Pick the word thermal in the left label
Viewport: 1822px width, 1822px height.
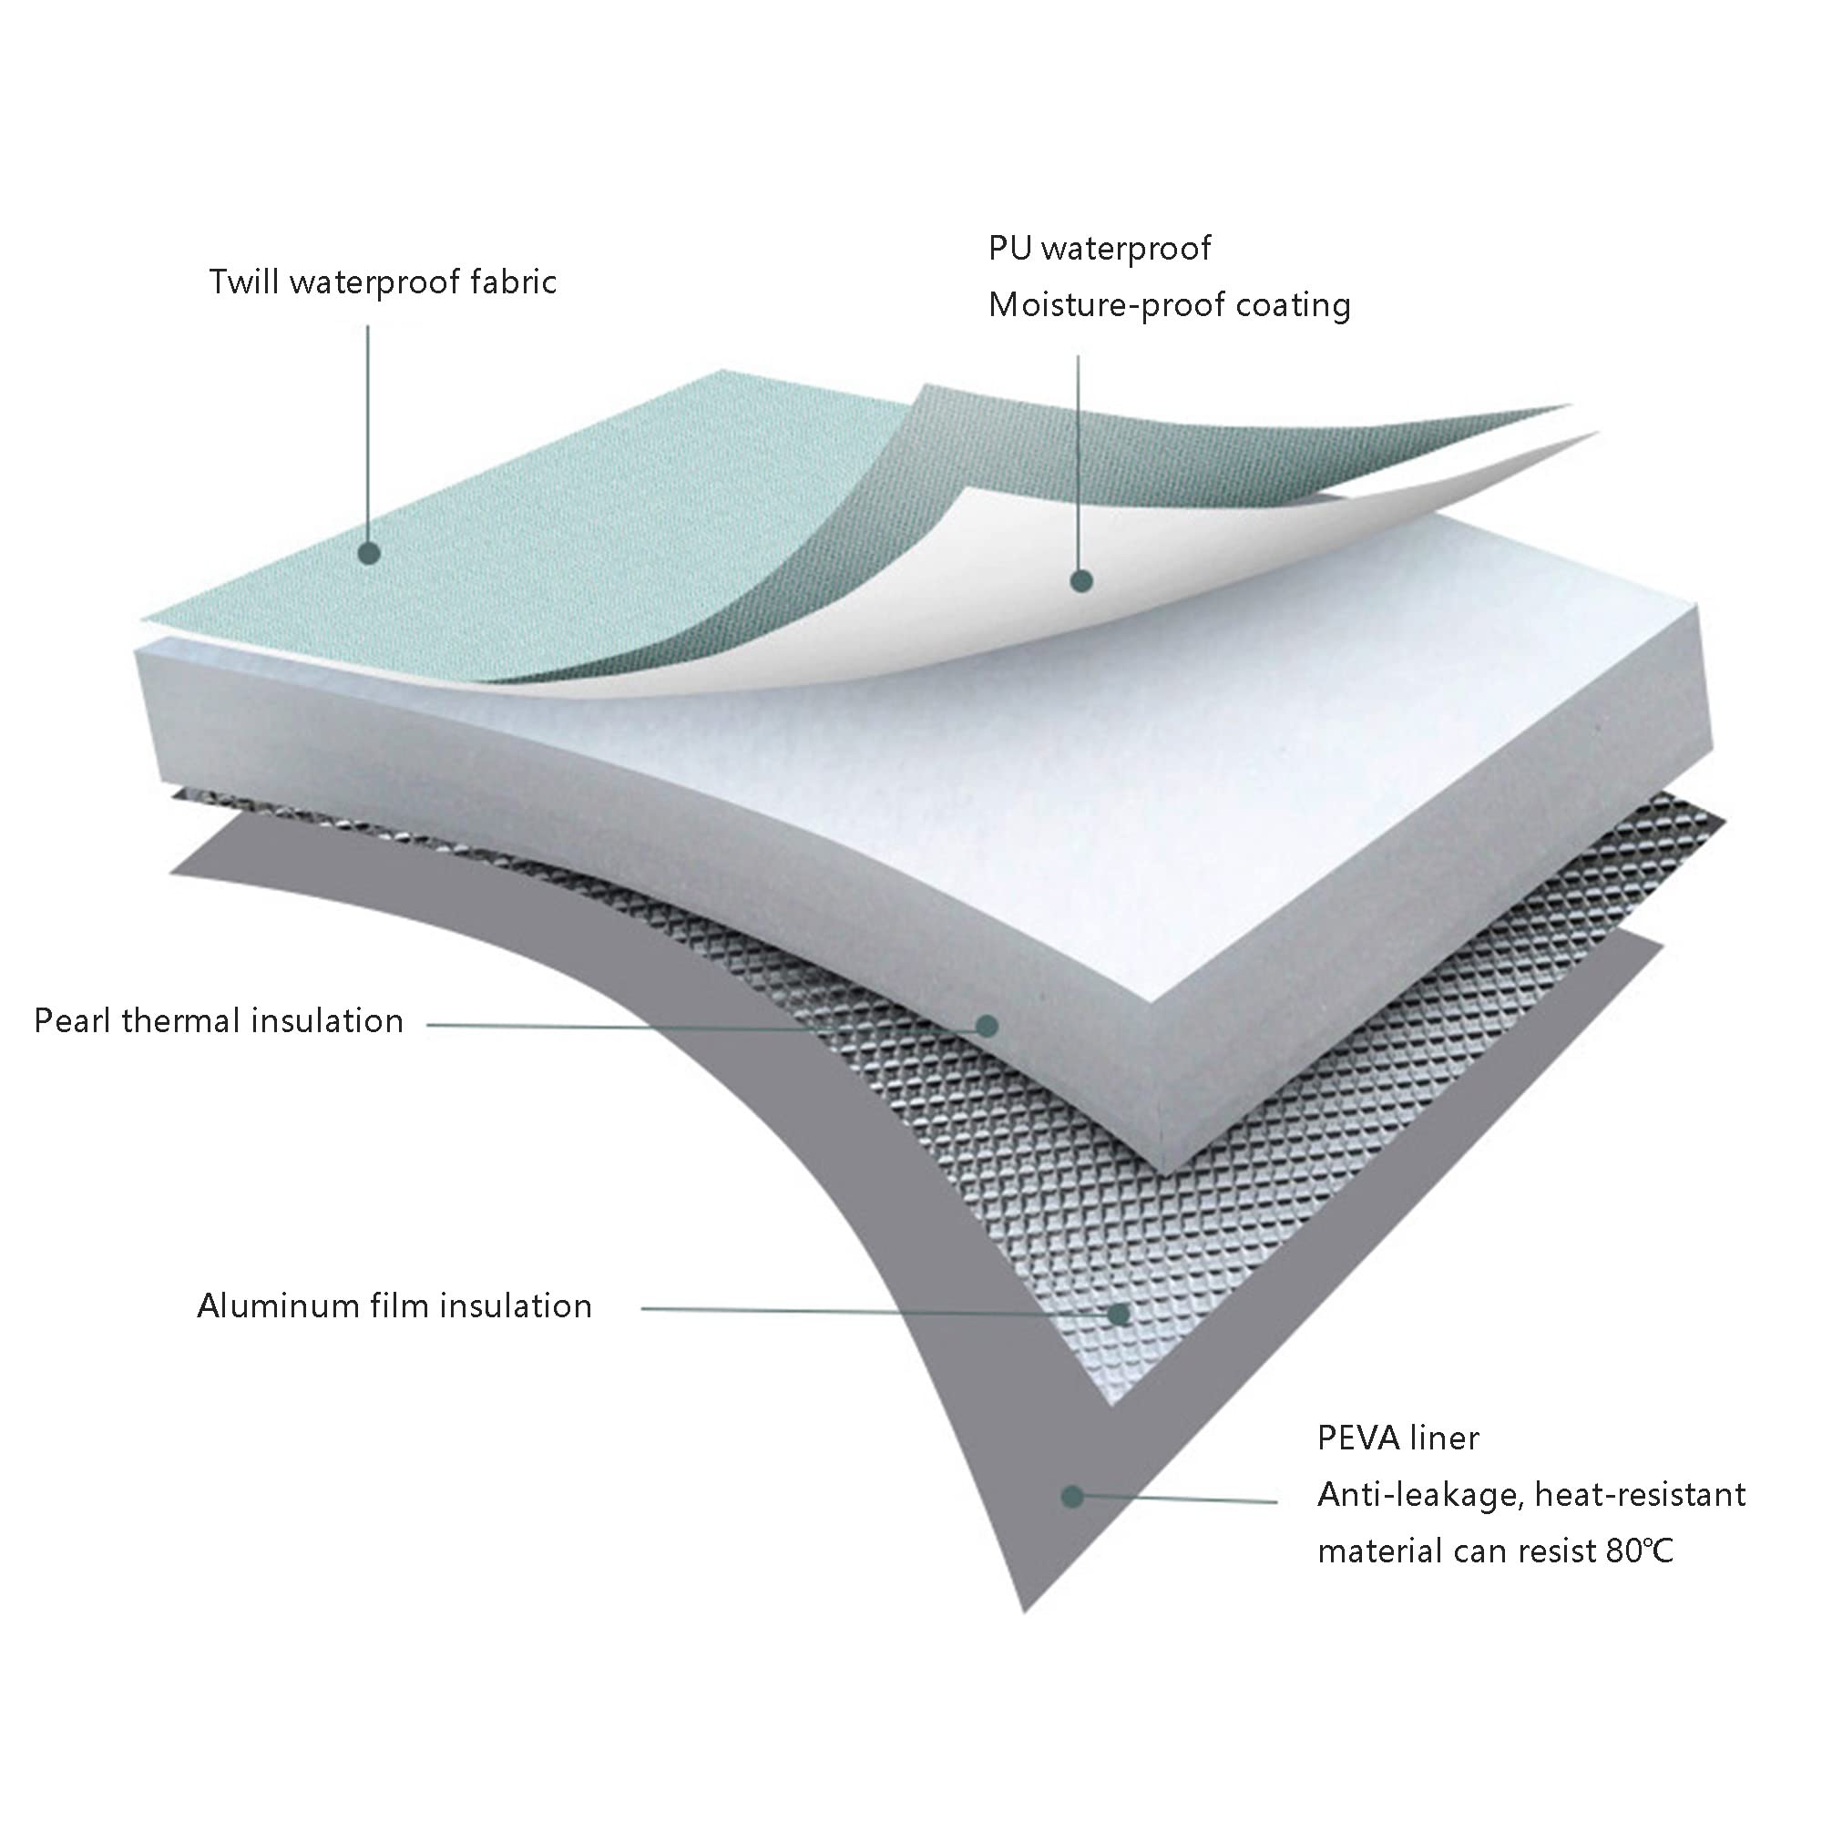[x=180, y=1020]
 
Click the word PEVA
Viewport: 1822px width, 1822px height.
[x=1357, y=1438]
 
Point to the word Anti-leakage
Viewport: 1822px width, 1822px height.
[x=1419, y=1496]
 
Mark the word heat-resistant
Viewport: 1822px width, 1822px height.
[x=1640, y=1495]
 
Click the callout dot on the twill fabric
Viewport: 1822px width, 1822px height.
[x=369, y=554]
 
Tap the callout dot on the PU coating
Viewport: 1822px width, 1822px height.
[x=1081, y=582]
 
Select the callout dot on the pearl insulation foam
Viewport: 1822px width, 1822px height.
[x=987, y=1025]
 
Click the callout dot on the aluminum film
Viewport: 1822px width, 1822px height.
[x=1120, y=1314]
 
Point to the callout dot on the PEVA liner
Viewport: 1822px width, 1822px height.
[x=1071, y=1496]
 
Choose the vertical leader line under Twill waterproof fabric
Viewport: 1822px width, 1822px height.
[x=368, y=434]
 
